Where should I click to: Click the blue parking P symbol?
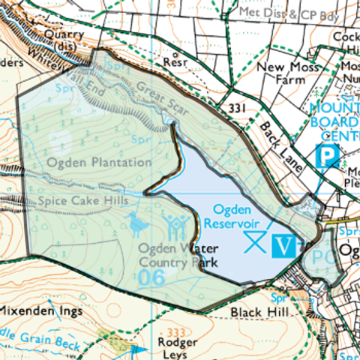(x=328, y=157)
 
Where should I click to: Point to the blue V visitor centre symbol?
(x=283, y=245)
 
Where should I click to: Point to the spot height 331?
(x=237, y=109)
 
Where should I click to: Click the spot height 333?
(x=177, y=331)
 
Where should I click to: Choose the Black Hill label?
(x=253, y=311)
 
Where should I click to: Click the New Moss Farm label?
(x=280, y=73)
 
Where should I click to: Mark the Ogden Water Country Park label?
(x=178, y=256)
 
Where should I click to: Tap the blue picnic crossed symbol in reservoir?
(x=255, y=241)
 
